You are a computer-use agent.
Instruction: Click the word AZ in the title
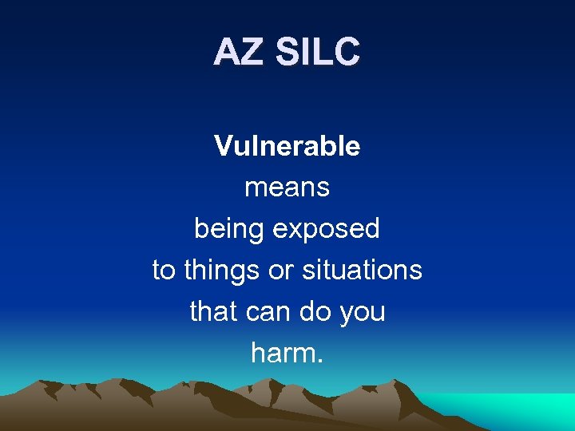[240, 53]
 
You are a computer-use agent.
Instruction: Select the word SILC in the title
[318, 53]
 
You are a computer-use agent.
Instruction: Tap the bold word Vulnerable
[287, 146]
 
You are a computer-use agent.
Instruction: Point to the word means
[287, 188]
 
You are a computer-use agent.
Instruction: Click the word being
[229, 230]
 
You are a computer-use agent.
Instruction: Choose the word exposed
[327, 230]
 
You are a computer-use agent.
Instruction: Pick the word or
[281, 271]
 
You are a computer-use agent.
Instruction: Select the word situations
[362, 271]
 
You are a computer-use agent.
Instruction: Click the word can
[266, 311]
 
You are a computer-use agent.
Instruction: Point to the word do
[315, 311]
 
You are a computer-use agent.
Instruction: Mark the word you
[363, 311]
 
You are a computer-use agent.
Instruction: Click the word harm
[283, 352]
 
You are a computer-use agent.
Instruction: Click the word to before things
[164, 271]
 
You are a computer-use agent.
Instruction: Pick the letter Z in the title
[252, 53]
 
